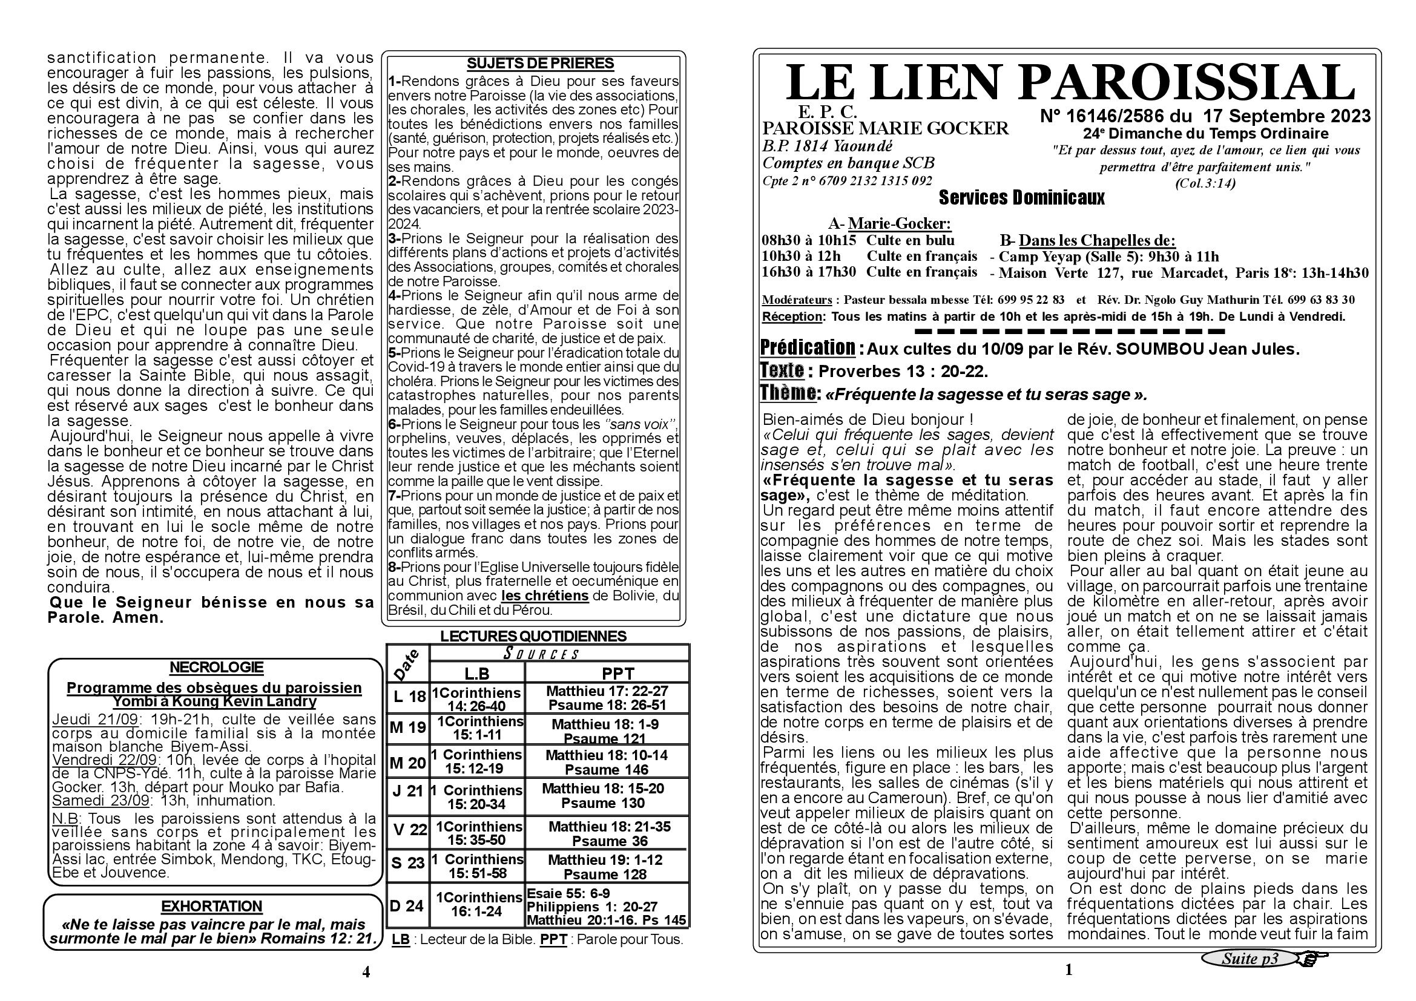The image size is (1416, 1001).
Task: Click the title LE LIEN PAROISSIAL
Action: pyautogui.click(x=1069, y=82)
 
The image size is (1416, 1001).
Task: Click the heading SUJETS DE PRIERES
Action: pyautogui.click(x=539, y=64)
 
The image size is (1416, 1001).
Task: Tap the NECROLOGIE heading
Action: pyautogui.click(x=216, y=667)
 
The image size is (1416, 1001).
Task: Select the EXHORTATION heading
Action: pyautogui.click(x=211, y=906)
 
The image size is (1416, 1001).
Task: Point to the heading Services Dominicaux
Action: pyautogui.click(x=1021, y=198)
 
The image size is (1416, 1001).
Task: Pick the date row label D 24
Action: pyautogui.click(x=407, y=905)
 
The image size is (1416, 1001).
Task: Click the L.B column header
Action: pyautogui.click(x=476, y=673)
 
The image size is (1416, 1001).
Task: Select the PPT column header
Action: pyautogui.click(x=617, y=673)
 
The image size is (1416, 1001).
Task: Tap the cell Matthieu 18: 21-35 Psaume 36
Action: pyautogui.click(x=608, y=833)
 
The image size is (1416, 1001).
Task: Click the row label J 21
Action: pyautogui.click(x=407, y=791)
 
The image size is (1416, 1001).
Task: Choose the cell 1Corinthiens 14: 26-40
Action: pyautogui.click(x=476, y=699)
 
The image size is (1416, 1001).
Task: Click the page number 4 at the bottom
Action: pyautogui.click(x=366, y=972)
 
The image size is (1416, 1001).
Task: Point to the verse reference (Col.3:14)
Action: pyautogui.click(x=1205, y=183)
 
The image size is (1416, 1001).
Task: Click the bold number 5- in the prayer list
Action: pyautogui.click(x=394, y=353)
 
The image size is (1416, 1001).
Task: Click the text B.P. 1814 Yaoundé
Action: pyautogui.click(x=827, y=146)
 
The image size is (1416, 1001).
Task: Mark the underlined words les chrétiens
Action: pyautogui.click(x=545, y=596)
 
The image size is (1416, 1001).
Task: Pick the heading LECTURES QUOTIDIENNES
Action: pyautogui.click(x=533, y=636)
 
